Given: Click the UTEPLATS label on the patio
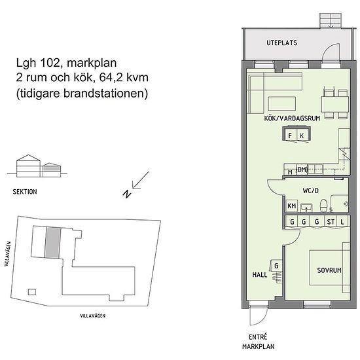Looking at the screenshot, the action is [281, 43].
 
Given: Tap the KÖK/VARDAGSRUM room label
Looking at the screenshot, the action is [292, 118].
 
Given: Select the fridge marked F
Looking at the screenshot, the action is [290, 135].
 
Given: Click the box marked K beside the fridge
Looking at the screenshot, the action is [302, 135].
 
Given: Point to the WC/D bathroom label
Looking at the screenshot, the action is [310, 190].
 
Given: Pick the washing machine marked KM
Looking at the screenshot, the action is [291, 206].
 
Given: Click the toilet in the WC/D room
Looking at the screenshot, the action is [324, 205].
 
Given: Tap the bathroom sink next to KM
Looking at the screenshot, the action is [306, 207].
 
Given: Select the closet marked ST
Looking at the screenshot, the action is [331, 222].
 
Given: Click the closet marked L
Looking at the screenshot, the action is [342, 222].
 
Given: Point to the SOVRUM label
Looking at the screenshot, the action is [329, 270].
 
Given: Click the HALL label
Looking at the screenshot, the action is [260, 275].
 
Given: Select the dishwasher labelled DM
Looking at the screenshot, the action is [302, 170].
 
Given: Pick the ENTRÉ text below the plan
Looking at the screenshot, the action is [258, 337].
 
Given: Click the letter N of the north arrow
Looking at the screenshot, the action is [127, 194].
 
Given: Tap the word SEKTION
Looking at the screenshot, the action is [25, 192].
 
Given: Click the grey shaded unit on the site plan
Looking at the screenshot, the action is [53, 242].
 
